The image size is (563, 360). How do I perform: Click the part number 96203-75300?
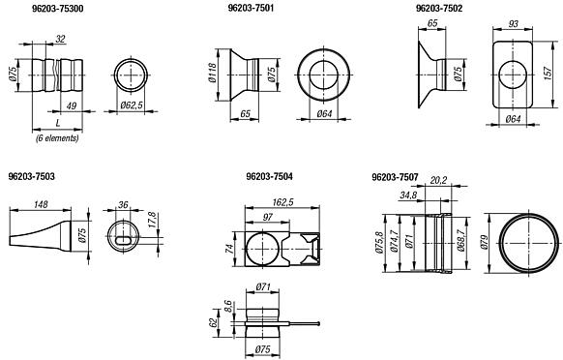(58, 9)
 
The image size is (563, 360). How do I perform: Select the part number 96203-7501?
(251, 8)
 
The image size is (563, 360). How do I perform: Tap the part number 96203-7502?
(439, 8)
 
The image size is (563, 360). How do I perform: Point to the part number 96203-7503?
(32, 176)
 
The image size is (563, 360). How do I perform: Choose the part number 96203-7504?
(269, 176)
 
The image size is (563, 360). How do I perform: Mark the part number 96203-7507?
(395, 177)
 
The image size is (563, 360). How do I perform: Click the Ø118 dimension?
(212, 73)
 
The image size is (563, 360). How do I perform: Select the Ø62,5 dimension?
(132, 105)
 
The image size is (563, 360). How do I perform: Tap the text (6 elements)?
(57, 138)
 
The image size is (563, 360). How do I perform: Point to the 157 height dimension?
(548, 74)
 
